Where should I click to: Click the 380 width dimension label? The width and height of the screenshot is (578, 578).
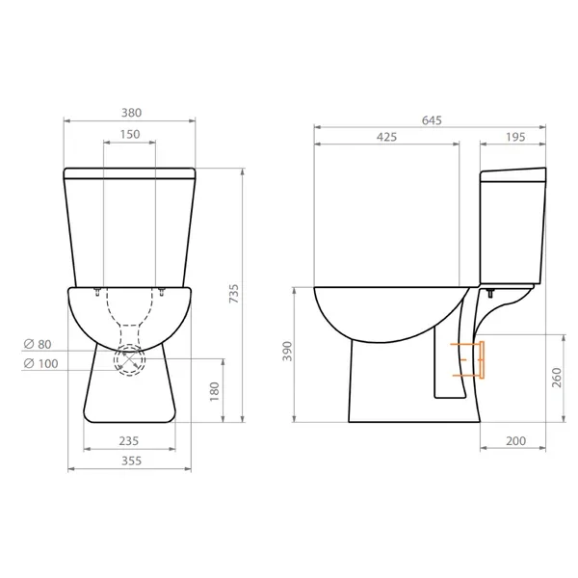129,109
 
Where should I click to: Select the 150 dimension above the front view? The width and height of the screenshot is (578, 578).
129,135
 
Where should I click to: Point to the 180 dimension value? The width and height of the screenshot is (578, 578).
214,391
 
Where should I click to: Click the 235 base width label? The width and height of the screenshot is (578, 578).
129,440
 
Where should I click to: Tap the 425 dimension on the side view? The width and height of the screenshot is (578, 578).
386,137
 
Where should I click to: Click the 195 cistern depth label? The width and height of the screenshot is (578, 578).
514,137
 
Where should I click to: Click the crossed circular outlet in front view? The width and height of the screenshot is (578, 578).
129,362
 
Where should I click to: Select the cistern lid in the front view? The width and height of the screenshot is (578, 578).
129,174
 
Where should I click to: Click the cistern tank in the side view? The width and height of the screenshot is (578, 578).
514,226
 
